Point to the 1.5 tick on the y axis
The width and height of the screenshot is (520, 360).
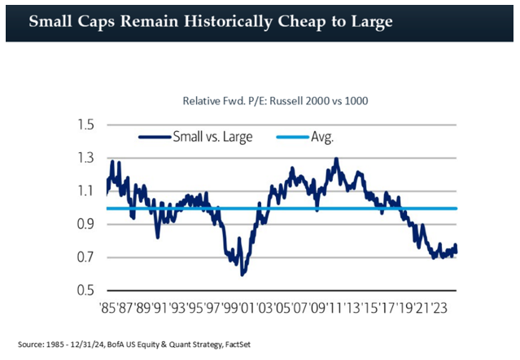(86, 125)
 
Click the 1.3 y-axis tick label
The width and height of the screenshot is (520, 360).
(86, 158)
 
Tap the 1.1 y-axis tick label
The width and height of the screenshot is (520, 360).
(86, 191)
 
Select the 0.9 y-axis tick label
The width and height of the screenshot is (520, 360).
(86, 224)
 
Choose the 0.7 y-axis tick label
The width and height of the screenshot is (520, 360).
(86, 257)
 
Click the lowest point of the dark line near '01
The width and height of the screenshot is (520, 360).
(243, 274)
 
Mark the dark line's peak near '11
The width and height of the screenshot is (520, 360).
(335, 159)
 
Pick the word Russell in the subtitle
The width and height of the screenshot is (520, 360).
(276, 101)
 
